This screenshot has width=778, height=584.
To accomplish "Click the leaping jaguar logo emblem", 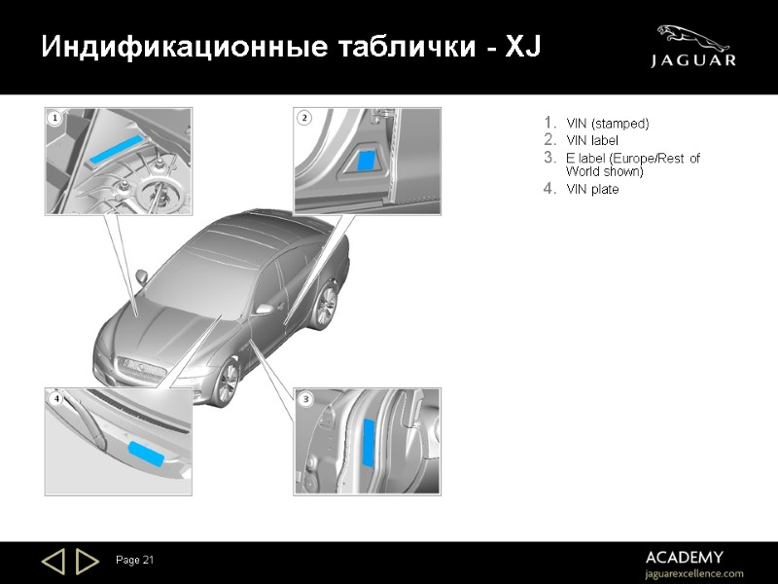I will coord(693,38).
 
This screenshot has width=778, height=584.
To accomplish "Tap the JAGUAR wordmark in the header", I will coord(693,61).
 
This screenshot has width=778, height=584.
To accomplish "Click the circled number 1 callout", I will coord(54,119).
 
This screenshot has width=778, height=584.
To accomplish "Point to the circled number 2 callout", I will coord(304,118).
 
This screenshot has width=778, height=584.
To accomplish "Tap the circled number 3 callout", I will coord(305,399).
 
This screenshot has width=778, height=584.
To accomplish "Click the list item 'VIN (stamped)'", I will coord(607,124).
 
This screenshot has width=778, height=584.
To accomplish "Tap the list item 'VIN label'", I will coord(591,140).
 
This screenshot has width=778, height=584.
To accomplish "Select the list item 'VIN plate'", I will coord(591,189).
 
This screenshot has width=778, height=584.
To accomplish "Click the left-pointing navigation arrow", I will coord(53,561).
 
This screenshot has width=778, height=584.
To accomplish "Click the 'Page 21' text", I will coord(135,560).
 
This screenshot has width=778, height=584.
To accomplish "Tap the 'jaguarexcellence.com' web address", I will coord(694,573).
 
